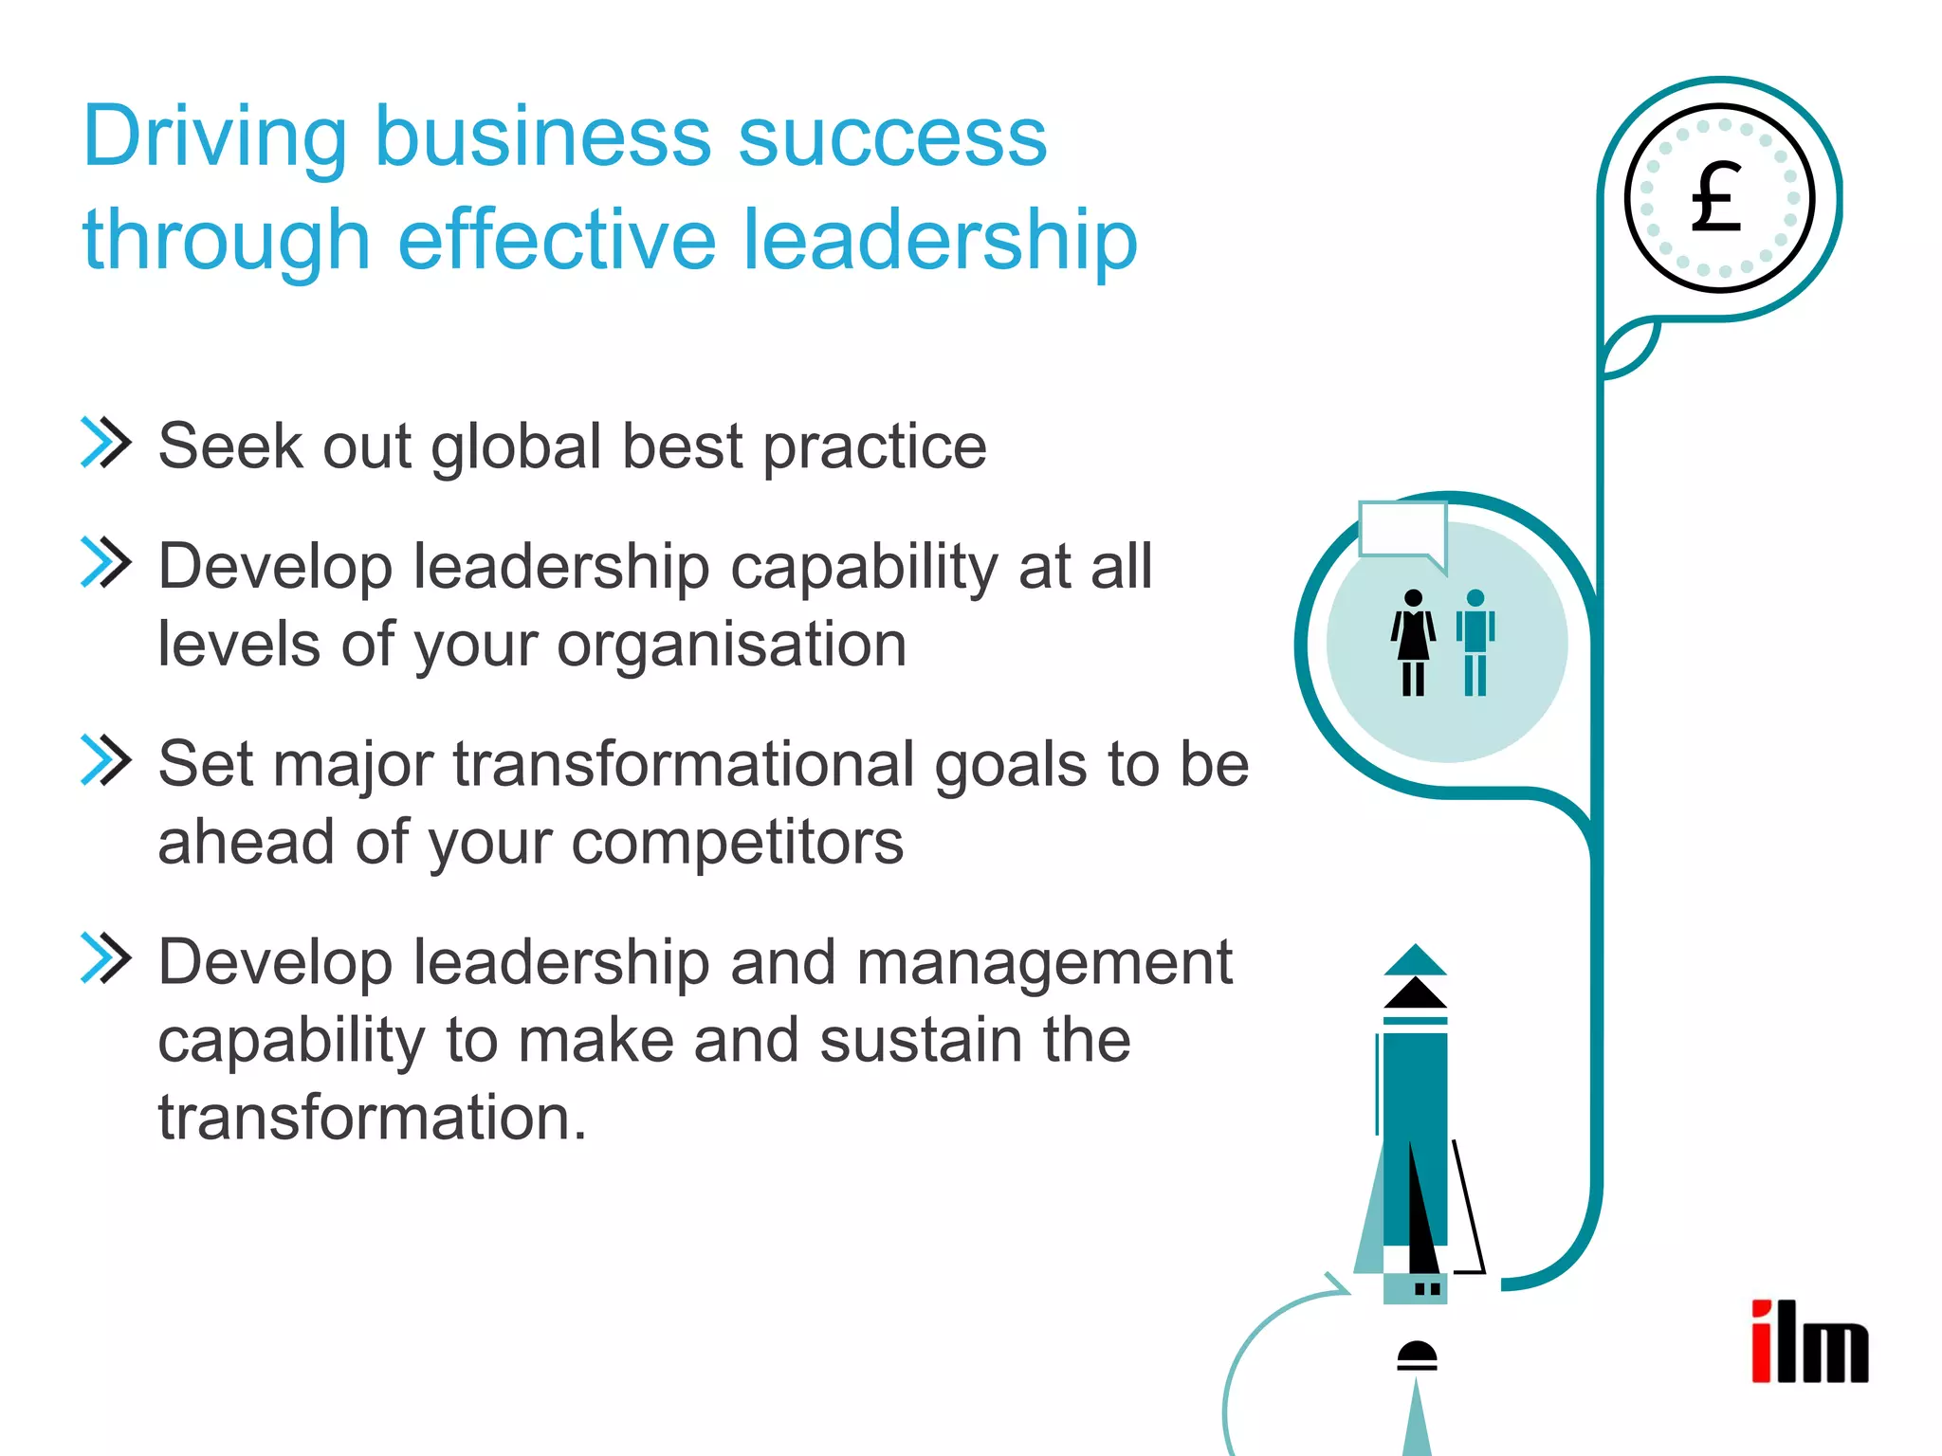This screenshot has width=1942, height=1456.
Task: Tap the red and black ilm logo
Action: click(1808, 1342)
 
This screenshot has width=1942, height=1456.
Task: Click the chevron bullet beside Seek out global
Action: click(105, 443)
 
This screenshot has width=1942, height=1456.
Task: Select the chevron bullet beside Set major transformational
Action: click(105, 760)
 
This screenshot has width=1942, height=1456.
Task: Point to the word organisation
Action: click(731, 646)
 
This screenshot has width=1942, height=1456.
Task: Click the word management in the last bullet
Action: click(1044, 963)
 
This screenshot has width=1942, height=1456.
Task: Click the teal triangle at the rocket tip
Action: click(1415, 961)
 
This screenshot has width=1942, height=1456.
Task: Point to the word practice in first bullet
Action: click(874, 447)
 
